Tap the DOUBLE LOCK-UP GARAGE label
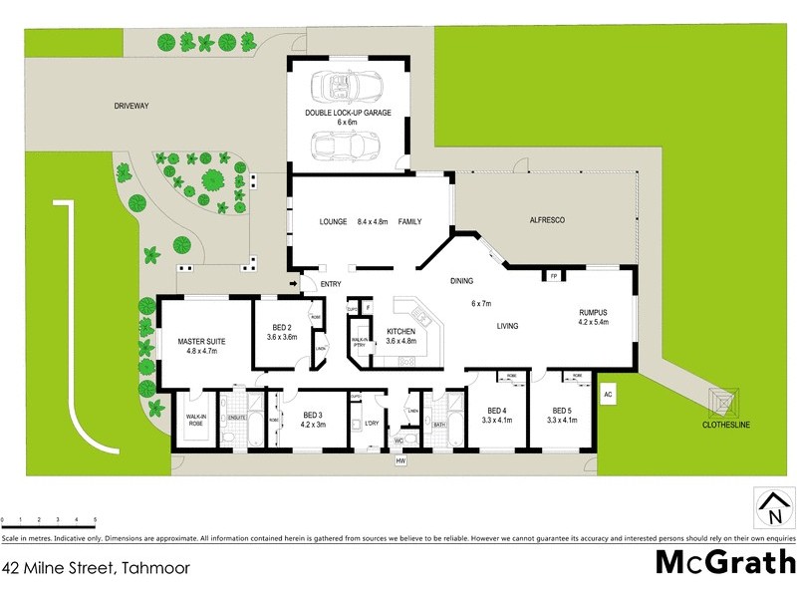coord(348,113)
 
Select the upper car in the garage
coord(343,87)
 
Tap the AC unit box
coord(608,395)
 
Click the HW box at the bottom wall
coord(401,461)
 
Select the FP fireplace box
coord(553,276)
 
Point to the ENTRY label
coord(331,285)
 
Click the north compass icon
coord(774,508)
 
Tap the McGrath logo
coord(724,562)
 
